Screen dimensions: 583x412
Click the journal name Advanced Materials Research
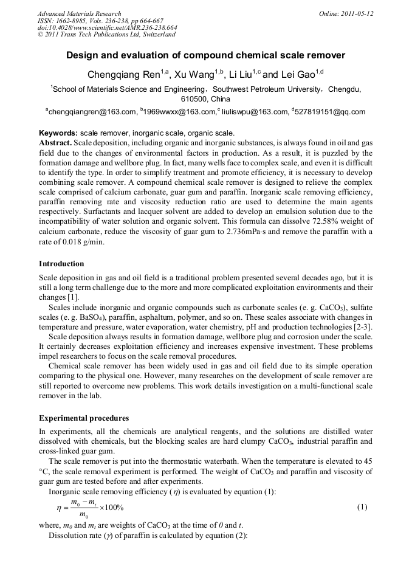point(79,13)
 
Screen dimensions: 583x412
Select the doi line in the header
point(107,28)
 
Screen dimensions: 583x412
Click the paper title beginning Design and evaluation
point(205,55)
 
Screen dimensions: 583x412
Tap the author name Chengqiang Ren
point(124,75)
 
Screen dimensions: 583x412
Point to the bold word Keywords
point(58,133)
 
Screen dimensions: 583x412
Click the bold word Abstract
point(56,142)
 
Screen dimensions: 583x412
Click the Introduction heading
point(61,264)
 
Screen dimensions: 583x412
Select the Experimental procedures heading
point(84,418)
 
